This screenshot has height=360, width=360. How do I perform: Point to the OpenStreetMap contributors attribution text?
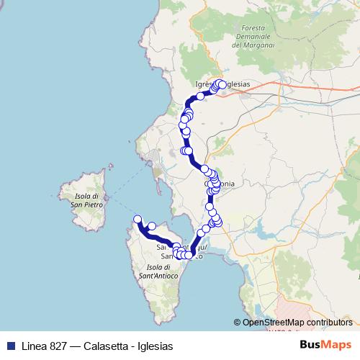(x=297, y=323)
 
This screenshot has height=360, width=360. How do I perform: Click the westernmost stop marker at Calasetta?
(x=138, y=219)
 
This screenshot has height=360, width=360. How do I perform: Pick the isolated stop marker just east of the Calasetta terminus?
(x=152, y=226)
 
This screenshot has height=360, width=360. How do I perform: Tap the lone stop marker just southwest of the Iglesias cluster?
(x=200, y=96)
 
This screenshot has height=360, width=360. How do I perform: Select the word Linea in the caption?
(x=35, y=346)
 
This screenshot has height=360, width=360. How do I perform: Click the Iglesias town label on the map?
(x=233, y=84)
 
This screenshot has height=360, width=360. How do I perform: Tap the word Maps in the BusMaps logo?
(x=336, y=346)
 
